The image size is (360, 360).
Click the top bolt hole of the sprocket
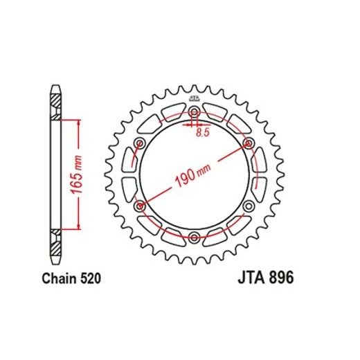click(195, 113)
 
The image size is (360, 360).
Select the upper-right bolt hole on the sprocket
click(249, 144)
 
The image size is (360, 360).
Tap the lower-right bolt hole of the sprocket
click(249, 206)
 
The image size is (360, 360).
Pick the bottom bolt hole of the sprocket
click(195, 237)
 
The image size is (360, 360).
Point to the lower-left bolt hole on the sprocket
click(141, 206)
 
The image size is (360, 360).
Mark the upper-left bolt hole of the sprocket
click(141, 144)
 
